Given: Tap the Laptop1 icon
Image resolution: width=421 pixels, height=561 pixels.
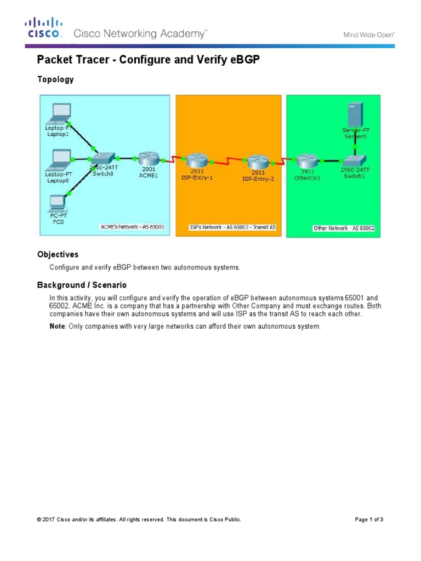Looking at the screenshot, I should tap(58, 113).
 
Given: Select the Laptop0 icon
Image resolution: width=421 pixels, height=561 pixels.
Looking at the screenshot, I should tap(58, 159).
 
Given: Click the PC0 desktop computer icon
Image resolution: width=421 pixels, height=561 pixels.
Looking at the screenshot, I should tap(56, 203).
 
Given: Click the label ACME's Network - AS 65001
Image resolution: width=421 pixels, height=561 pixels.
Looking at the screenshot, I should tap(132, 226).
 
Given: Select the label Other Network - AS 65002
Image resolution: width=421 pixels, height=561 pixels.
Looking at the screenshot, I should tap(344, 228).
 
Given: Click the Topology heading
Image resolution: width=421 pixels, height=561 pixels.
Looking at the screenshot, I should tap(55, 79).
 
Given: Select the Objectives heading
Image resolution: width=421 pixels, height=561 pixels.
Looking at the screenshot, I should tap(58, 255).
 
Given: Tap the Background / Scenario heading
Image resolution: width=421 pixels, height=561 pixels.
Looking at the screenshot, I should tap(82, 285).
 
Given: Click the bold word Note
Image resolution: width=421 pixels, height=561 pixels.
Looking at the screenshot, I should tap(57, 327).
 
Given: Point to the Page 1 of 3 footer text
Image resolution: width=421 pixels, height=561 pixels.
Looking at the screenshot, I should tap(369, 519).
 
